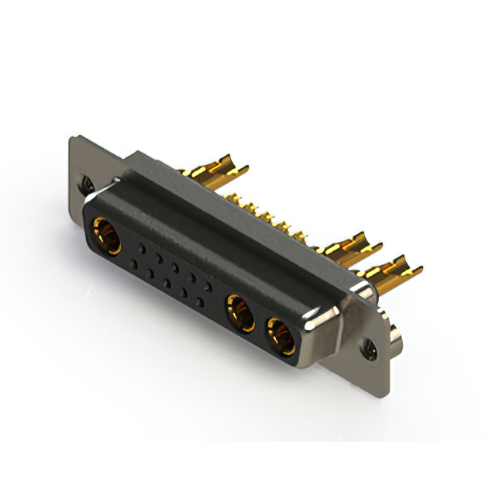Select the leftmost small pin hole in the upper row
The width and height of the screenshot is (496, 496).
pos(141,247)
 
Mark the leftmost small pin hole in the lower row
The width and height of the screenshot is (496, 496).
pos(134,264)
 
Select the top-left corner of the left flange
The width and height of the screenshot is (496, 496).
pos(72,139)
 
